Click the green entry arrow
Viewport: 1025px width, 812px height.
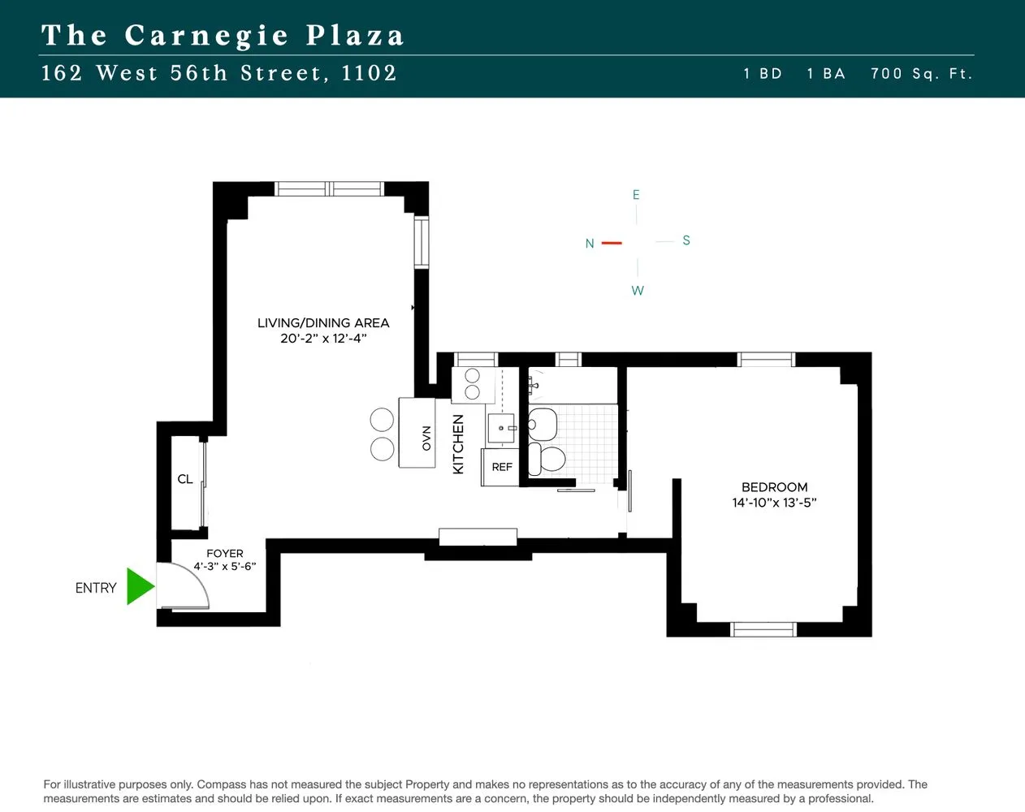140,587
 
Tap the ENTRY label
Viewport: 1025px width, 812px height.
96,588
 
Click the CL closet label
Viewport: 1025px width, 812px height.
185,479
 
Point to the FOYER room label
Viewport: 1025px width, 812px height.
225,554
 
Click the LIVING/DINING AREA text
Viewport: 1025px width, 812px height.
323,323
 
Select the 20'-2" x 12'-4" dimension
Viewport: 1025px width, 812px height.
323,339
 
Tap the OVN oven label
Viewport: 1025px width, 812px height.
426,438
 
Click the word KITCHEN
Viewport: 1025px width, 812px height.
458,444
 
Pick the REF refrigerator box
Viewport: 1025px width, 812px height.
501,467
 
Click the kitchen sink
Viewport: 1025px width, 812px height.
501,427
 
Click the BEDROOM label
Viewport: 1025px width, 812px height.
774,487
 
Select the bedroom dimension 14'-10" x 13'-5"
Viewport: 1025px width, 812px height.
774,503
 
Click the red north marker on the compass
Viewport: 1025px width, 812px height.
612,243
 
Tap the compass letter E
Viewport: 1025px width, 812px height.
636,195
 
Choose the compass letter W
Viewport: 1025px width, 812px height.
638,291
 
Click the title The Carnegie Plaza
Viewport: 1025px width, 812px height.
223,36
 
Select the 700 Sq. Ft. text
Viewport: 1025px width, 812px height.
921,74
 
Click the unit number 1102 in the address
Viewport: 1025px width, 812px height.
369,73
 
